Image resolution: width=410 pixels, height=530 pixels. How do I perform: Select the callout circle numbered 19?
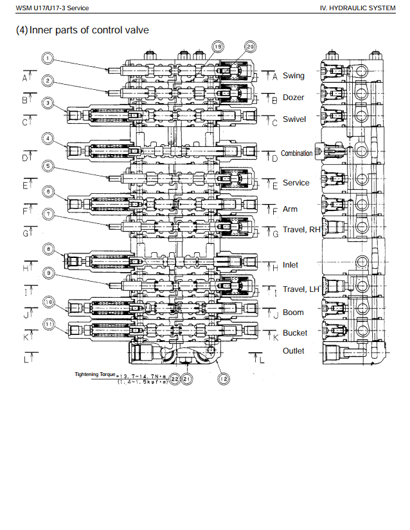[218, 47]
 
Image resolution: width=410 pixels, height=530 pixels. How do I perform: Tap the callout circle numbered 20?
[250, 47]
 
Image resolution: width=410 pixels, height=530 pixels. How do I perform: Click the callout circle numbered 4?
[48, 138]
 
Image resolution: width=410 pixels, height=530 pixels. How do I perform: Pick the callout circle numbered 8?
[48, 250]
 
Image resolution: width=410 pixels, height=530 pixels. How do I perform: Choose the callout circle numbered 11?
[48, 324]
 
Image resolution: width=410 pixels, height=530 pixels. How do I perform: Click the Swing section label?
[294, 76]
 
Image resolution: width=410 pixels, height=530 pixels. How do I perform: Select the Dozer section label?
[294, 98]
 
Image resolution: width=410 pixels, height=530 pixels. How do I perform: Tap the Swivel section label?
[294, 119]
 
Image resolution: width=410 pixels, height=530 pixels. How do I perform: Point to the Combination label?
[296, 153]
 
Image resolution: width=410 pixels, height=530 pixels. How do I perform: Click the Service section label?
[296, 183]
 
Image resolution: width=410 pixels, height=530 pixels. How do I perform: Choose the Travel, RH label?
[301, 230]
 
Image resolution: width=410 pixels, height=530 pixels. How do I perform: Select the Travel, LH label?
[301, 289]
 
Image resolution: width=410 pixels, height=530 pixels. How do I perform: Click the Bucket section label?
[295, 333]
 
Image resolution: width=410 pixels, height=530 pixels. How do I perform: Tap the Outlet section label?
[294, 351]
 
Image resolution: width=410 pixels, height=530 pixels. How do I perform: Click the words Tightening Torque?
[94, 374]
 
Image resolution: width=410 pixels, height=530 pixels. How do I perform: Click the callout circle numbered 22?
[174, 379]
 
